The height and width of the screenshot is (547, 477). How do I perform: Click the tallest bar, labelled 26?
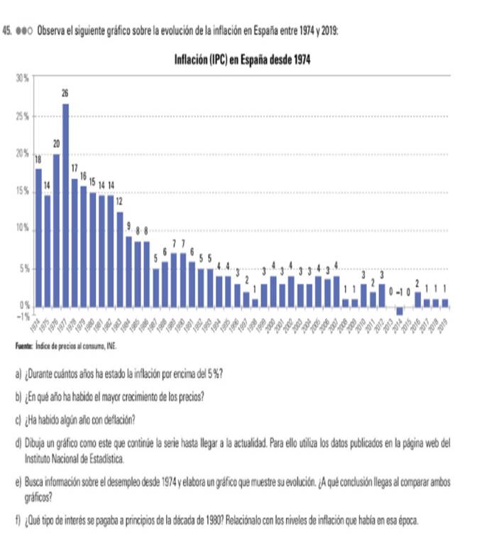65,206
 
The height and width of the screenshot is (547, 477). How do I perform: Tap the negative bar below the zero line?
400,311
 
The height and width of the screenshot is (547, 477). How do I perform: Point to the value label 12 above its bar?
119,201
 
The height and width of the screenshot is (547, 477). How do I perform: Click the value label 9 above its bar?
128,226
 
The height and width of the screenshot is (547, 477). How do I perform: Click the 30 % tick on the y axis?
21,76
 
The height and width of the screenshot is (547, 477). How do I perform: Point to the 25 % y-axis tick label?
21,115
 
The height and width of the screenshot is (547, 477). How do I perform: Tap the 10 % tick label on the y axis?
21,229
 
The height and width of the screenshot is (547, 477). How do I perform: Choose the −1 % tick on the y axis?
21,314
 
